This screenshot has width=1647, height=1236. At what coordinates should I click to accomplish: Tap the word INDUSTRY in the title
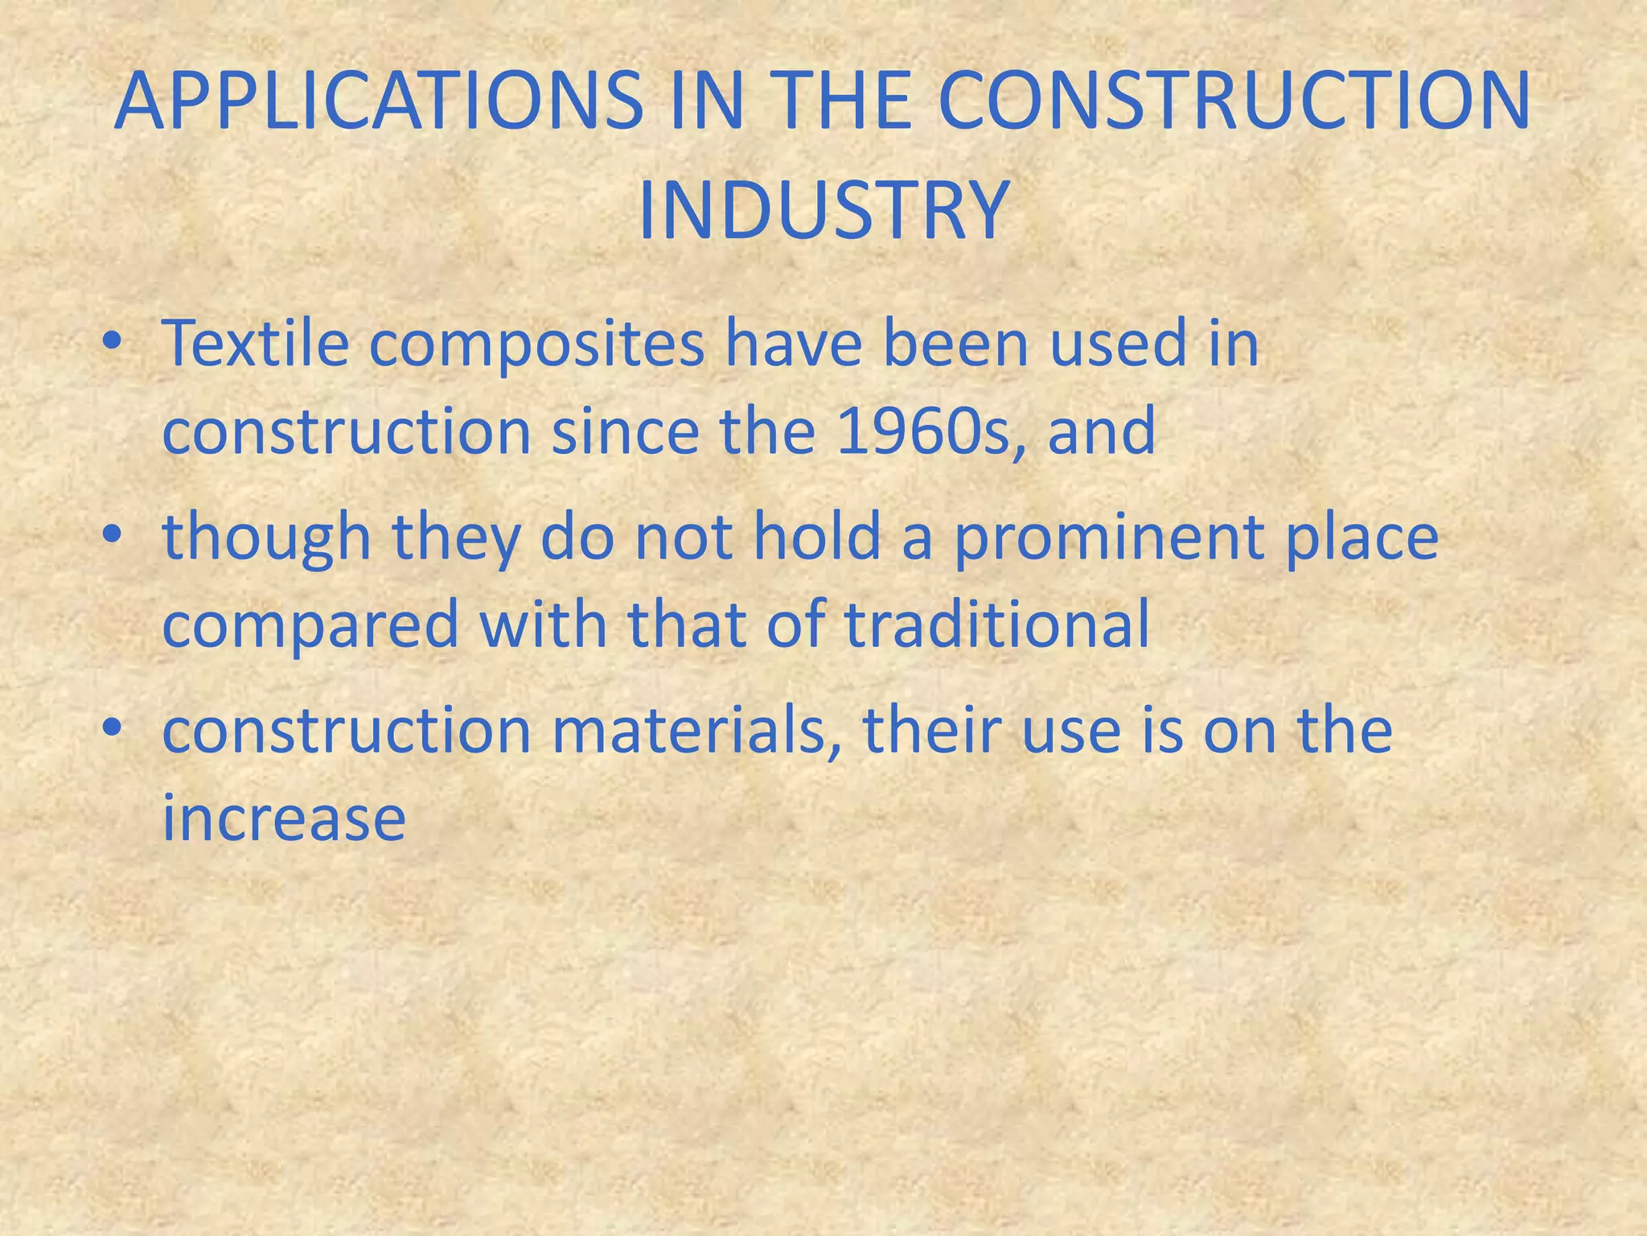pos(822,212)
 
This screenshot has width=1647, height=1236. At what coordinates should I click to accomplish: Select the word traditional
pos(997,624)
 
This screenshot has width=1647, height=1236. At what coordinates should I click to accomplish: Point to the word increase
pos(284,819)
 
